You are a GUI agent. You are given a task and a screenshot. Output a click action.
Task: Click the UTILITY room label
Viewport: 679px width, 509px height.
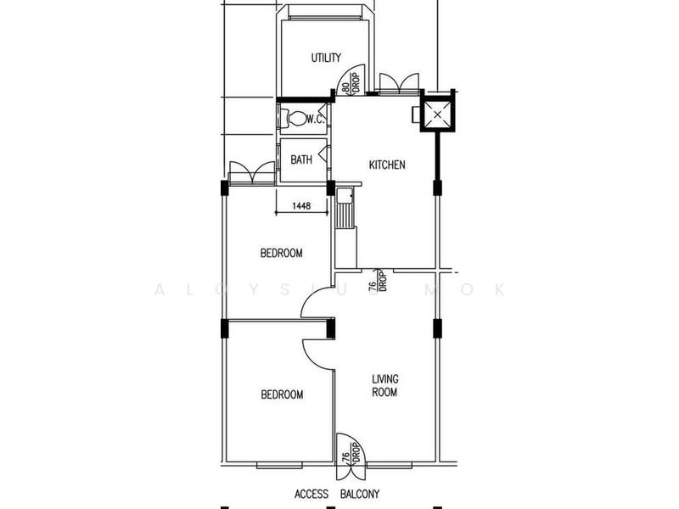coord(326,58)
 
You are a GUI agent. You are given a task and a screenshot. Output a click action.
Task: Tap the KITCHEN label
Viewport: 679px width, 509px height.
coord(387,165)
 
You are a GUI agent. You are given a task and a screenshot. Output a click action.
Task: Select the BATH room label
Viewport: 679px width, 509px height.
coord(301,159)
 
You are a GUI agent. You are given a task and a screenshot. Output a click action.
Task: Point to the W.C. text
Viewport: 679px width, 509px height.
coord(316,119)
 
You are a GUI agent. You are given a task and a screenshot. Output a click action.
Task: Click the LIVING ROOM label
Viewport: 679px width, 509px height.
coord(385,386)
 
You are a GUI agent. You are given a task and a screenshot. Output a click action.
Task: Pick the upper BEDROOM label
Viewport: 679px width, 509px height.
coord(282,253)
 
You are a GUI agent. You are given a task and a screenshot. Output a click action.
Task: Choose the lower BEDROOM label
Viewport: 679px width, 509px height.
coord(282,394)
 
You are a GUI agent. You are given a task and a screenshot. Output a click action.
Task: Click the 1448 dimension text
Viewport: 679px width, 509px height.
coord(301,206)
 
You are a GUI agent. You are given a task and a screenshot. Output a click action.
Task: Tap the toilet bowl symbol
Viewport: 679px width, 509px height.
coord(293,118)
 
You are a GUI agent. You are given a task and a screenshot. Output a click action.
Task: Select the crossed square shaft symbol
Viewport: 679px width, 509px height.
coord(437,115)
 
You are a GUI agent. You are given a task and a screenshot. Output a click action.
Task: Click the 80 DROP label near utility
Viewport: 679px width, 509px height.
coord(351,83)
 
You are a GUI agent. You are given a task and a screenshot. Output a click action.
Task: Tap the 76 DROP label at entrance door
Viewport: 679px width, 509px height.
coord(351,452)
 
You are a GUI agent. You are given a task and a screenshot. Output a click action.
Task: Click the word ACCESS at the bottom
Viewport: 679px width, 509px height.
coord(311,494)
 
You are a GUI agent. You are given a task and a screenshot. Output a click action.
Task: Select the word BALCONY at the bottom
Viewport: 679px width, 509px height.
coord(360,494)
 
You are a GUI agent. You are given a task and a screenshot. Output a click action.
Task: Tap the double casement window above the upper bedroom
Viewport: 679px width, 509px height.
coord(251,174)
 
